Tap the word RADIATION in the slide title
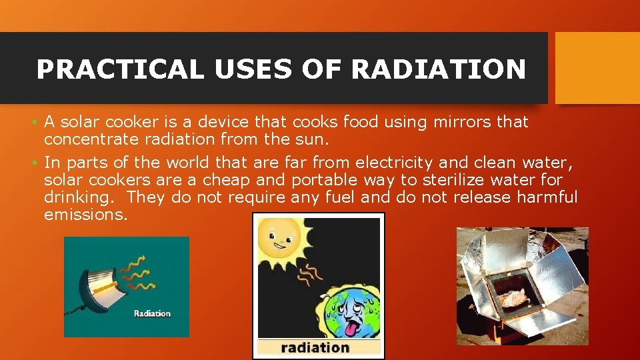[x=438, y=69]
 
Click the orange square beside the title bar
[x=597, y=68]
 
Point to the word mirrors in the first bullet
[x=458, y=122]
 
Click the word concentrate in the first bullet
[x=88, y=139]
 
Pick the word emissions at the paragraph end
[x=85, y=215]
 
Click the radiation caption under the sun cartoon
[x=315, y=347]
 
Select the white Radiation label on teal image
[x=152, y=313]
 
